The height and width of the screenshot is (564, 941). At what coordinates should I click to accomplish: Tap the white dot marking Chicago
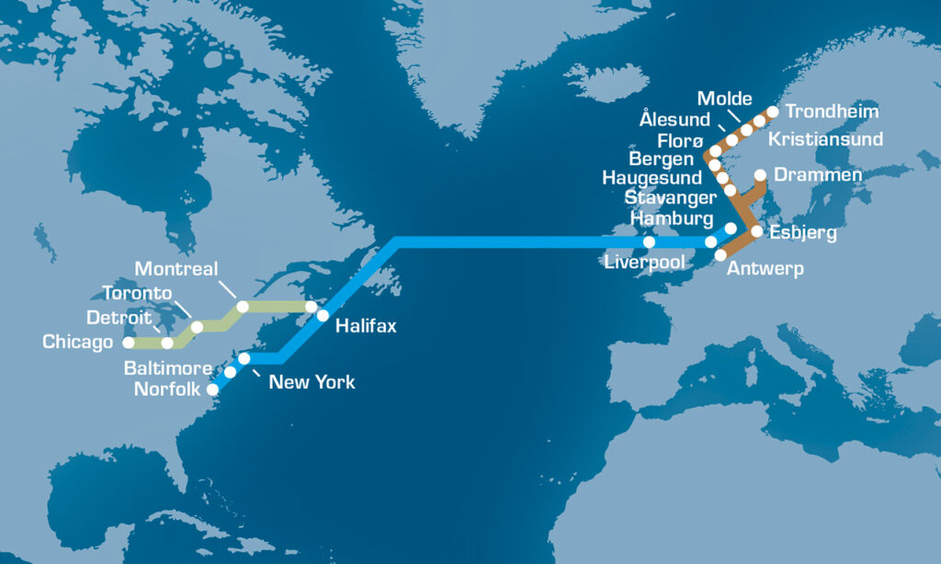(129, 343)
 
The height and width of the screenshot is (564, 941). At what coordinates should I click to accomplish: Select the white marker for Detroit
(167, 344)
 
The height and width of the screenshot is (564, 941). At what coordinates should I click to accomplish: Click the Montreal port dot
(243, 307)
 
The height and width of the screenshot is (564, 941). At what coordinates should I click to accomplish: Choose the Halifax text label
(366, 325)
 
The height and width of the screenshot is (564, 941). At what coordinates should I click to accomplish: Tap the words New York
(312, 382)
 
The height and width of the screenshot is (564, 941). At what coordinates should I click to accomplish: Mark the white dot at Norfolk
(212, 389)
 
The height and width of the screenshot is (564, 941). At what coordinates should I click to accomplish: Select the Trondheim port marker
(772, 112)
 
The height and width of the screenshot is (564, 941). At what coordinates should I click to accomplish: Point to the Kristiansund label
(825, 140)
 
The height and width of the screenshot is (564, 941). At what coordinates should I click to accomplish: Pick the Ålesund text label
(675, 120)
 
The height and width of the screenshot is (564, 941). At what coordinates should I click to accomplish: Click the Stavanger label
(669, 198)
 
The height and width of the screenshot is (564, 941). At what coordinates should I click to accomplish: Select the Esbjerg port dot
(756, 232)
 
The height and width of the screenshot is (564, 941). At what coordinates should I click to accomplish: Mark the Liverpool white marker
(649, 243)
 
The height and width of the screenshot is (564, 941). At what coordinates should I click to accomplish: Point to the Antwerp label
(765, 269)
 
